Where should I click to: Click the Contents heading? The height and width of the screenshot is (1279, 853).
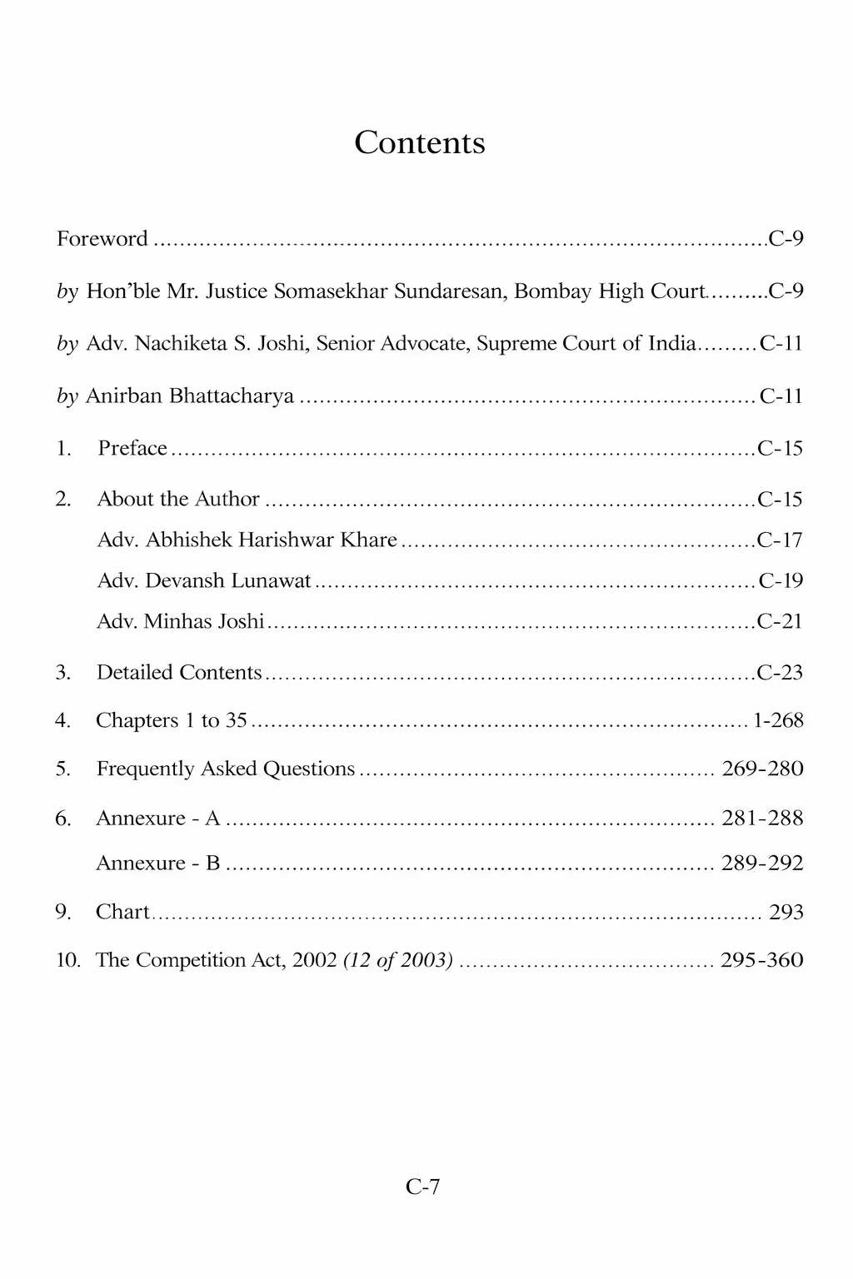419,142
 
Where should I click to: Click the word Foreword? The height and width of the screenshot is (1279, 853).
102,239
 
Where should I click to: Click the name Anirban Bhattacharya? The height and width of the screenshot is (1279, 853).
190,396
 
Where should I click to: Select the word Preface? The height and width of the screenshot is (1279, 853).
132,448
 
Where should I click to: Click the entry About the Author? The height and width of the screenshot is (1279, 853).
178,499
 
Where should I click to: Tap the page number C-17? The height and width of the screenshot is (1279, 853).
780,540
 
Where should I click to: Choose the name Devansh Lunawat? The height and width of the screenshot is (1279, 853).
204,580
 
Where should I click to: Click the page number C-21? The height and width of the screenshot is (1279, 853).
780,621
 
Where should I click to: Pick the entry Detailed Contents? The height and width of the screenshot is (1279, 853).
179,672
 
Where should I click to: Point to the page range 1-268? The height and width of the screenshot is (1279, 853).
778,720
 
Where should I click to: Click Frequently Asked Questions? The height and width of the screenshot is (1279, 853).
226,769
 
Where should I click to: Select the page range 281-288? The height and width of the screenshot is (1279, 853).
762,819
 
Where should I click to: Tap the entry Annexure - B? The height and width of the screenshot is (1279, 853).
158,863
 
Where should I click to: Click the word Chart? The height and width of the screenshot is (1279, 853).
122,912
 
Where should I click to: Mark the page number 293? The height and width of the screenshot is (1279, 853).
786,912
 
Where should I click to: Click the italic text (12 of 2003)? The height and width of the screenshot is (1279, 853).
398,960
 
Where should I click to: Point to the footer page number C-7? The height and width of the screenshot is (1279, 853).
422,1187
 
